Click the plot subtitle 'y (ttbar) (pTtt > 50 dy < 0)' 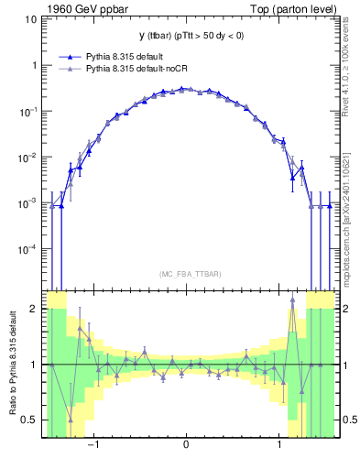coord(186,36)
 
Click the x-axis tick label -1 coord(93,445)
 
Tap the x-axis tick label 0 coord(187,445)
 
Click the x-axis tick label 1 coord(280,445)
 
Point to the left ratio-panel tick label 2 coord(33,310)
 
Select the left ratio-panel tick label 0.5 coord(28,420)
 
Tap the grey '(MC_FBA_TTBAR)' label coord(187,274)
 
